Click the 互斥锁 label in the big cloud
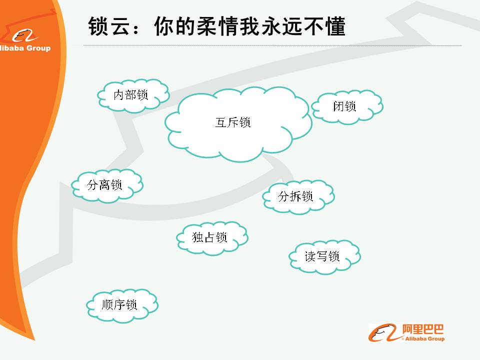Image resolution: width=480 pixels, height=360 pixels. (233, 122)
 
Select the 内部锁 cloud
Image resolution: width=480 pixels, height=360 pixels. (133, 96)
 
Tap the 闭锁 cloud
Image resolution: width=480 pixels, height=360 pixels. (347, 107)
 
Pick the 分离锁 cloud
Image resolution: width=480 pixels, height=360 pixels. (107, 186)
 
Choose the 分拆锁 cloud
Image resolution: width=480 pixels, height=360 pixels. (298, 197)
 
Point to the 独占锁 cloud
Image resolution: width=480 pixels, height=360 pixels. (212, 238)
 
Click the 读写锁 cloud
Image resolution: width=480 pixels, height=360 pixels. (325, 257)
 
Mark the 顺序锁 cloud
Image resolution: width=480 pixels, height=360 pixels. (122, 305)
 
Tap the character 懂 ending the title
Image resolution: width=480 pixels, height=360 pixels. (335, 26)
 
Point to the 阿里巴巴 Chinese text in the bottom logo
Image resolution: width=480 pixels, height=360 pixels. (423, 329)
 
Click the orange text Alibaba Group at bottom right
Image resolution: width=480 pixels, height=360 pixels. (424, 338)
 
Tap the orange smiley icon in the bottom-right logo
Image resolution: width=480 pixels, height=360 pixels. (384, 333)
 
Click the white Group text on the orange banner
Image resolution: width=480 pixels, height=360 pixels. (38, 48)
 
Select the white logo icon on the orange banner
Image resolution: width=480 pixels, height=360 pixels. (24, 36)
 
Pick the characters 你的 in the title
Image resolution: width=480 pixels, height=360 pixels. (175, 26)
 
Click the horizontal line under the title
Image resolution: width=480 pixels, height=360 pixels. (272, 45)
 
